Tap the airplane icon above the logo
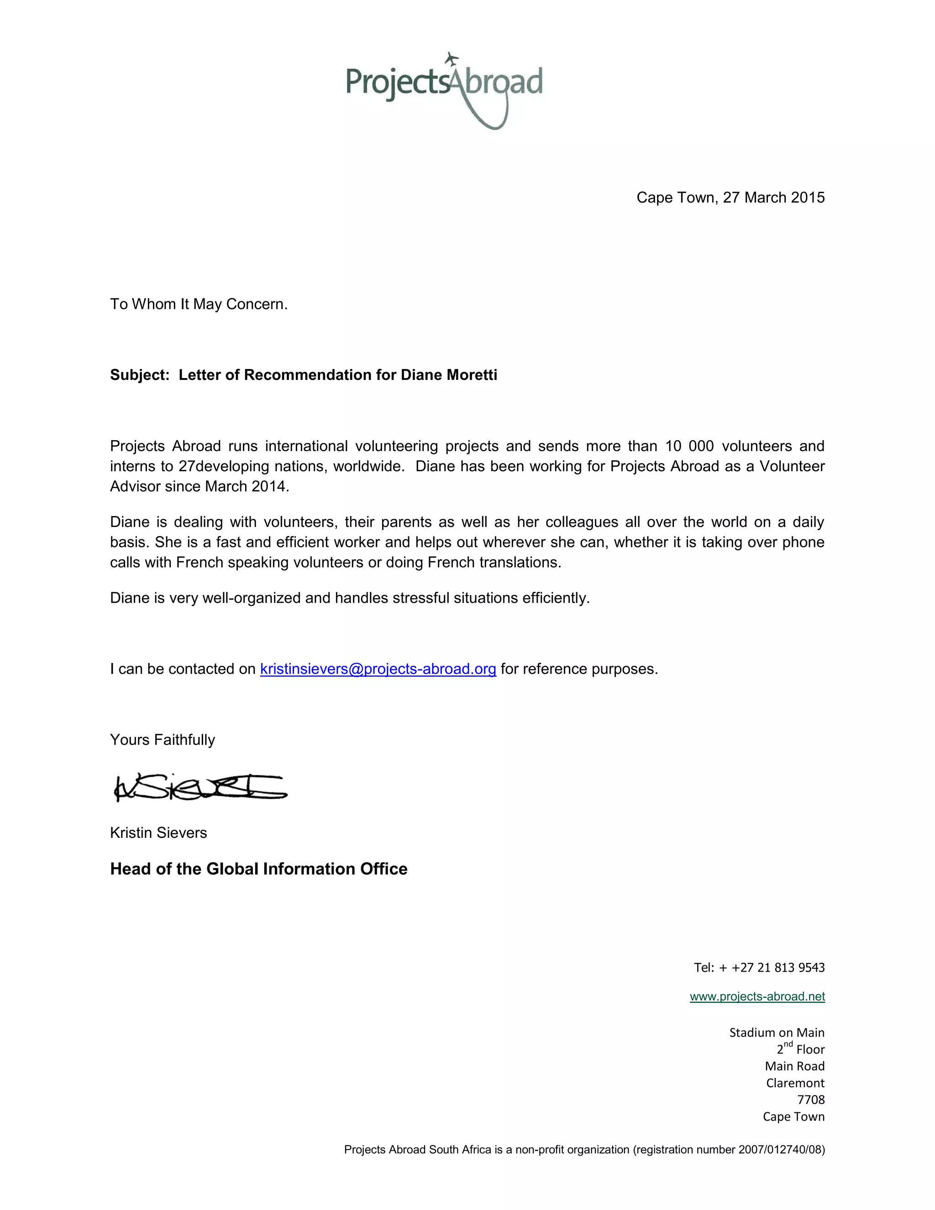click(452, 58)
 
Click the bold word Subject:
click(140, 375)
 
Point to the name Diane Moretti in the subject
click(449, 375)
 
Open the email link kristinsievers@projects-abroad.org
click(378, 669)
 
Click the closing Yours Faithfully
click(162, 740)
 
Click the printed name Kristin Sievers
click(158, 833)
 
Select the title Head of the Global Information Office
click(259, 869)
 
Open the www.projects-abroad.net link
click(757, 997)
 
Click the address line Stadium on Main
click(777, 1033)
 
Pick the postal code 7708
click(811, 1100)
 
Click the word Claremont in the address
click(795, 1083)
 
